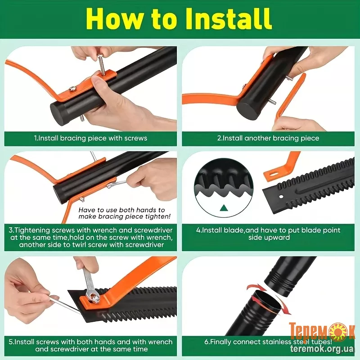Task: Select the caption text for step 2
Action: tap(268, 138)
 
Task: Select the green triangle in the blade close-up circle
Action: tap(224, 208)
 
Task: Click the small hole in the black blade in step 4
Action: tap(281, 197)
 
